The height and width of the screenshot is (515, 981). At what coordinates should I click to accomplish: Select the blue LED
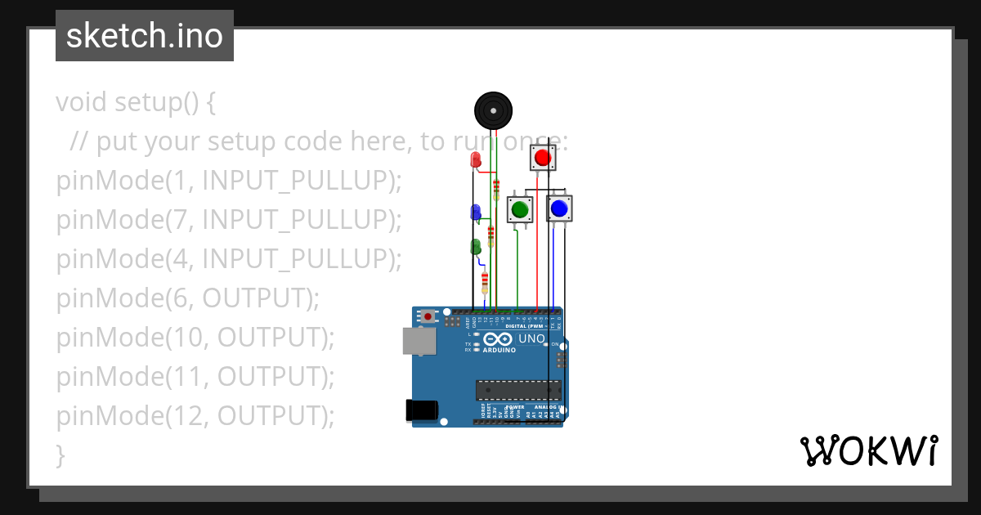(476, 213)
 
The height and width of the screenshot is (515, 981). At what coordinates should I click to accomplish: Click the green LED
(476, 246)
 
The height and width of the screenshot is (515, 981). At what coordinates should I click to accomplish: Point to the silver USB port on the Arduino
(419, 341)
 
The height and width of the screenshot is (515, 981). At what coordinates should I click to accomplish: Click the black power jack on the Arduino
(421, 410)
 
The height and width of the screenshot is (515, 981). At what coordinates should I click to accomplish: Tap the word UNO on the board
(531, 338)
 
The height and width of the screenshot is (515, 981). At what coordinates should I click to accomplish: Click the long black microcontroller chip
(518, 390)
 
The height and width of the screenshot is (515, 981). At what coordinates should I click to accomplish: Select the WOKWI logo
(868, 450)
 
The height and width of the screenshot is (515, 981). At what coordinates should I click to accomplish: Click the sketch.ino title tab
(145, 36)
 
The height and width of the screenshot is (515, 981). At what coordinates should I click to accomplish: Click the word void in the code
(82, 103)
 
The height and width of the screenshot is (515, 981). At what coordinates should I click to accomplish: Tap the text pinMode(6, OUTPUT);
(188, 298)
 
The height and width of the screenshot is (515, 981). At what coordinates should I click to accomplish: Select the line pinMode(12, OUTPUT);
(195, 416)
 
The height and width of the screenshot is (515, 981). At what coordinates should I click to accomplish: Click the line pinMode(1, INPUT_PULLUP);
(229, 181)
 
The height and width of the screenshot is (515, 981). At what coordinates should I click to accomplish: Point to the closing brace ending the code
(60, 455)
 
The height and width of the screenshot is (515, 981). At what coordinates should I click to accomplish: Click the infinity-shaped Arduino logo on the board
(498, 339)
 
